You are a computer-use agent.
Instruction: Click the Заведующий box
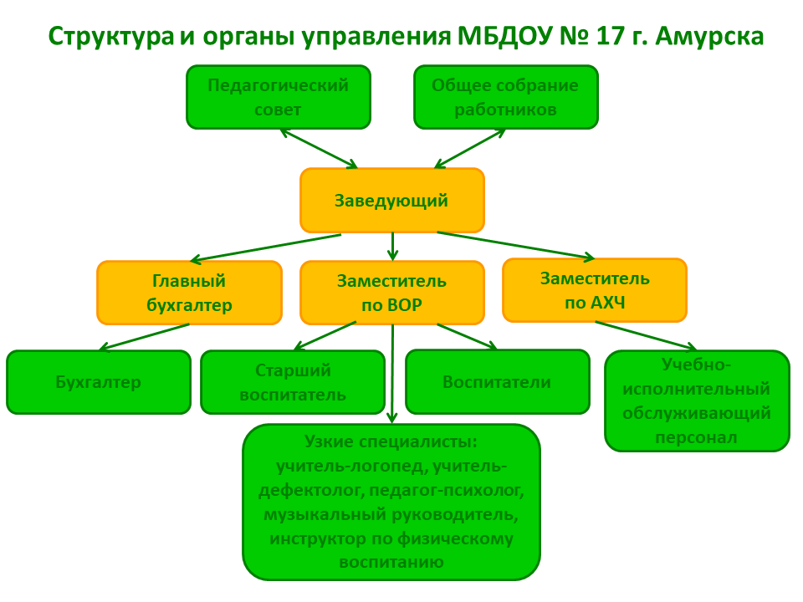[392, 200]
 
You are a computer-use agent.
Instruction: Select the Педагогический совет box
[279, 97]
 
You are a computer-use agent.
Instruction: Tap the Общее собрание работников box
[506, 97]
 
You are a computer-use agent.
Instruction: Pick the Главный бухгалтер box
[190, 293]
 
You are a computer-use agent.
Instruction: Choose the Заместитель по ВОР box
[392, 293]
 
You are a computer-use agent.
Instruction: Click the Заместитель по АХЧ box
[595, 290]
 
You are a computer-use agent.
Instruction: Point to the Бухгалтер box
[99, 382]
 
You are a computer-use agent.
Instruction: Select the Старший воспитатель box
[293, 382]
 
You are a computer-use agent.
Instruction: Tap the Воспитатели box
[498, 381]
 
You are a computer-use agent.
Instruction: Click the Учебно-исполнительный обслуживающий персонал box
[698, 400]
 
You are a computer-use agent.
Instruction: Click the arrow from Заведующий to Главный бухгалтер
[265, 248]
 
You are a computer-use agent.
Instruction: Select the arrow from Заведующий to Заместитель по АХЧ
[516, 245]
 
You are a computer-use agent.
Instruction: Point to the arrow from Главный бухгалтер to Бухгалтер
[144, 337]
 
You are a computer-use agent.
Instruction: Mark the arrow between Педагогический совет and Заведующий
[319, 149]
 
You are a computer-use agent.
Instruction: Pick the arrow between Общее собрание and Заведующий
[469, 149]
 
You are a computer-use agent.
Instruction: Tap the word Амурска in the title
[709, 37]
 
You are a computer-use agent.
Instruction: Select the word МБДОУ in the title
[504, 37]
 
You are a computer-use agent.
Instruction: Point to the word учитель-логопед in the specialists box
[351, 466]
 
